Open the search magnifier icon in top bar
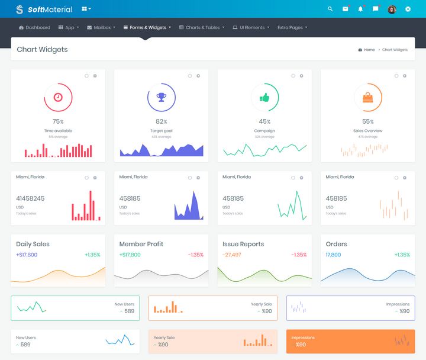click(330, 9)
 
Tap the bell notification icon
click(360, 9)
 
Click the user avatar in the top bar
click(392, 9)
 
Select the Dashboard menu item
click(34, 27)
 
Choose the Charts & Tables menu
click(201, 27)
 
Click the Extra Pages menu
click(292, 27)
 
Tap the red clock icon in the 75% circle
click(58, 97)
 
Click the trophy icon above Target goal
click(161, 97)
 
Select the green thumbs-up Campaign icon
click(264, 97)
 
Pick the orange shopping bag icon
click(368, 97)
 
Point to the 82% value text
click(161, 121)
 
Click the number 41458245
click(30, 198)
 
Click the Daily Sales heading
click(33, 244)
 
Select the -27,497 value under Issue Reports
click(231, 255)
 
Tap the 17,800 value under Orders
click(333, 255)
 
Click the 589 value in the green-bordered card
click(129, 311)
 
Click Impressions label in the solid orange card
click(303, 337)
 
